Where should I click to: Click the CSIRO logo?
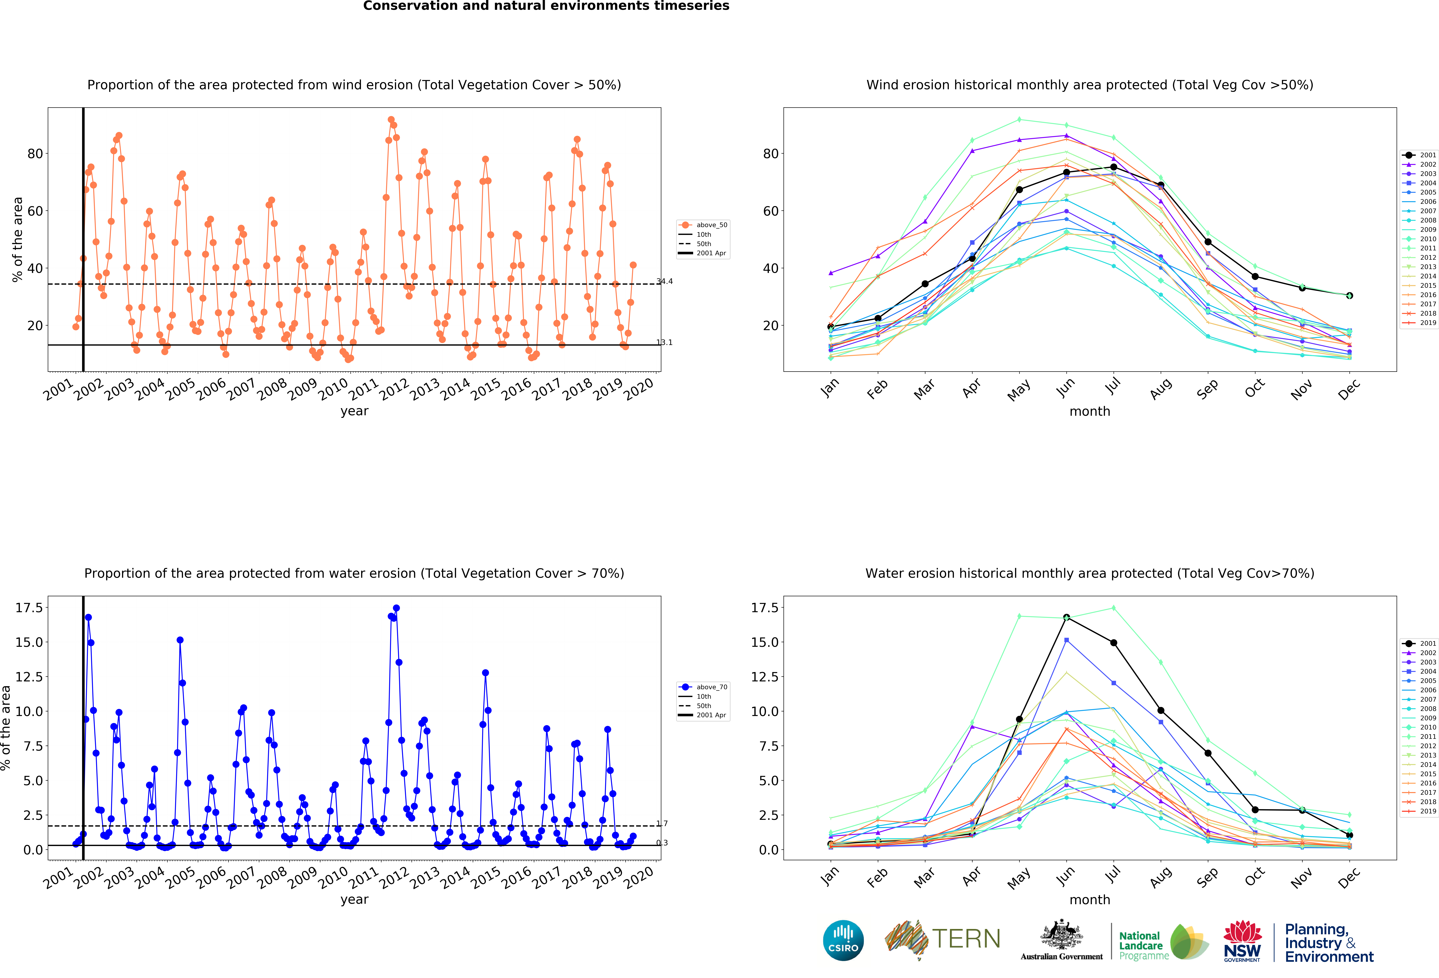pyautogui.click(x=843, y=940)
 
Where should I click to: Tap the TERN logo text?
pyautogui.click(x=966, y=939)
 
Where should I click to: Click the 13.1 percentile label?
pyautogui.click(x=664, y=342)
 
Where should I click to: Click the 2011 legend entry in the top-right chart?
pyautogui.click(x=1419, y=248)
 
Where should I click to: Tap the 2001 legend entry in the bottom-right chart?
pyautogui.click(x=1419, y=644)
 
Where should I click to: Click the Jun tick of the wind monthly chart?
pyautogui.click(x=1065, y=387)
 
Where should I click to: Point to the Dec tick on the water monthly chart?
pyautogui.click(x=1349, y=876)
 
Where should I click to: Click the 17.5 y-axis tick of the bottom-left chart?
pyautogui.click(x=29, y=608)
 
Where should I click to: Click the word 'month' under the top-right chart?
pyautogui.click(x=1090, y=411)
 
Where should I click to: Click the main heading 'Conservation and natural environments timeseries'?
pyautogui.click(x=546, y=6)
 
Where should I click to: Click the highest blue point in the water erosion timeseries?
pyautogui.click(x=396, y=608)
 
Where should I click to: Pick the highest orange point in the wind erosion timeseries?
pyautogui.click(x=391, y=120)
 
